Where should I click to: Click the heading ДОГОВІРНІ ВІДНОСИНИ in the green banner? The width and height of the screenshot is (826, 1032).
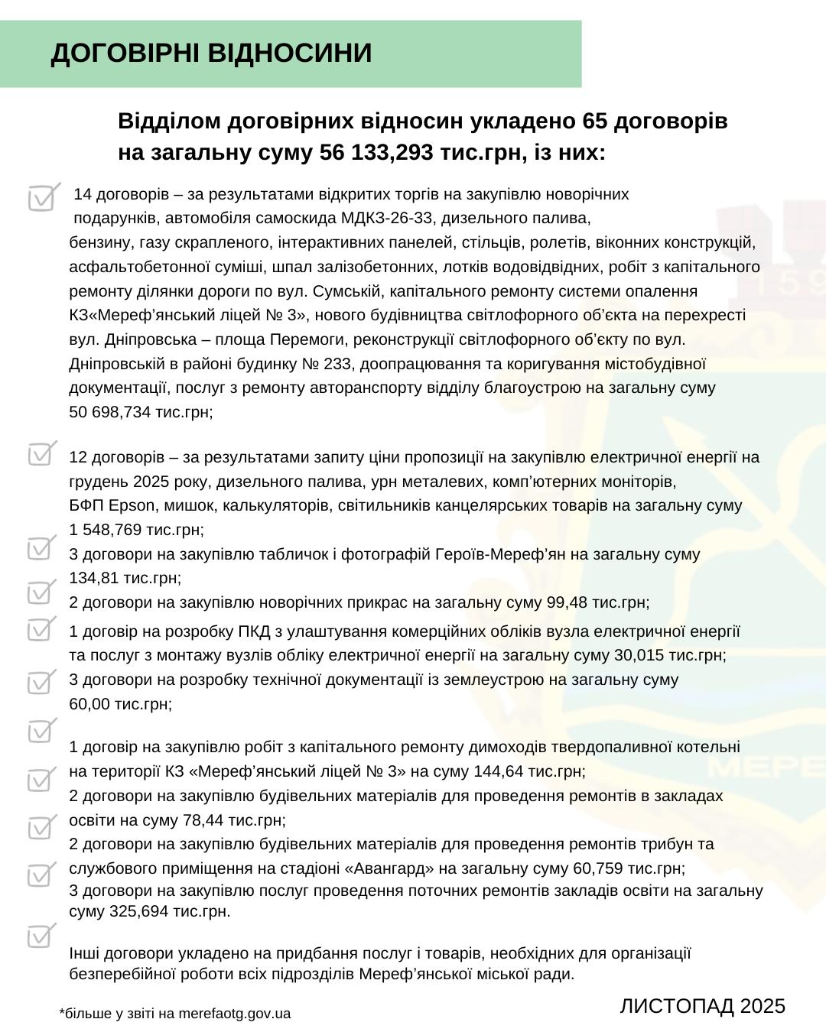[x=211, y=54]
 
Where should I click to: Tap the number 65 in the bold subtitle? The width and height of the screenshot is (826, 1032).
[x=595, y=122]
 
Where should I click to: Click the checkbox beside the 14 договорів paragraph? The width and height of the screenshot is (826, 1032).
[x=43, y=197]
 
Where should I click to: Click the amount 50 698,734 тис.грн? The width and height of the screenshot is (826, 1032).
[x=141, y=412]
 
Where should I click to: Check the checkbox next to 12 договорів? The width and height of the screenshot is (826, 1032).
[x=43, y=454]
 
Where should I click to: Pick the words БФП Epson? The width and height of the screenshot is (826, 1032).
[x=112, y=505]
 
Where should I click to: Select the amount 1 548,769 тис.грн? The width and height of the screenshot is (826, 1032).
[x=136, y=530]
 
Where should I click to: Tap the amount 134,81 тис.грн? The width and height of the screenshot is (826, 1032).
[x=125, y=578]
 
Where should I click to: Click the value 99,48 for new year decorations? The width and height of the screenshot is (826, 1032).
[x=567, y=602]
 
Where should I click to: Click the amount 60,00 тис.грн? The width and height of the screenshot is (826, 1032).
[x=120, y=704]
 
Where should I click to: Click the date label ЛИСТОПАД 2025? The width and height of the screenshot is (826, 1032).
[x=702, y=1006]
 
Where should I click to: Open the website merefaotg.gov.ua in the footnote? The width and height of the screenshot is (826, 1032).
[x=234, y=1014]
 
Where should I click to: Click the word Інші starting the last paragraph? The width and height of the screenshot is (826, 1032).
[x=84, y=953]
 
